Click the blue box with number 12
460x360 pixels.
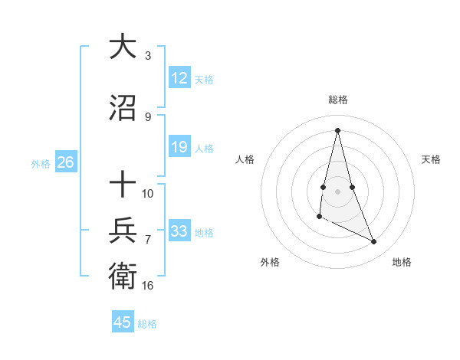pyautogui.click(x=179, y=79)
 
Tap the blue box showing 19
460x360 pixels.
pyautogui.click(x=179, y=148)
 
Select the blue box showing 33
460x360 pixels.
pyautogui.click(x=179, y=231)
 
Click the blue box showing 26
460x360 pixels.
pyautogui.click(x=65, y=162)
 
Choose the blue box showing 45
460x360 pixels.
pyautogui.click(x=123, y=322)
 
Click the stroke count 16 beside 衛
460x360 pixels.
pyautogui.click(x=148, y=286)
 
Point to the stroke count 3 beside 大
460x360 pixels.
pyautogui.click(x=148, y=55)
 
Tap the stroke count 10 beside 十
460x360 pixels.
pyautogui.click(x=148, y=193)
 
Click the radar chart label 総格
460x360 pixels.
pyautogui.click(x=338, y=100)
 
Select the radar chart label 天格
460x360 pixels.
pyautogui.click(x=432, y=159)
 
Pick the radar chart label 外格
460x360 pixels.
pyautogui.click(x=270, y=262)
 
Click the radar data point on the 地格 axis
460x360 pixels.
pyautogui.click(x=374, y=242)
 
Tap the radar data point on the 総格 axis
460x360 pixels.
pyautogui.click(x=338, y=130)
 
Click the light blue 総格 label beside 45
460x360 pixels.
pyautogui.click(x=148, y=324)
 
